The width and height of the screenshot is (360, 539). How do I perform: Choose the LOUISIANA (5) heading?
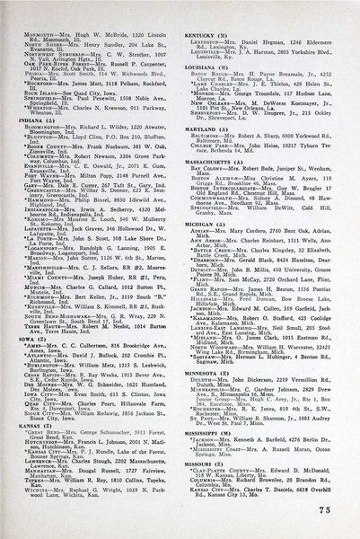coord(212,66)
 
